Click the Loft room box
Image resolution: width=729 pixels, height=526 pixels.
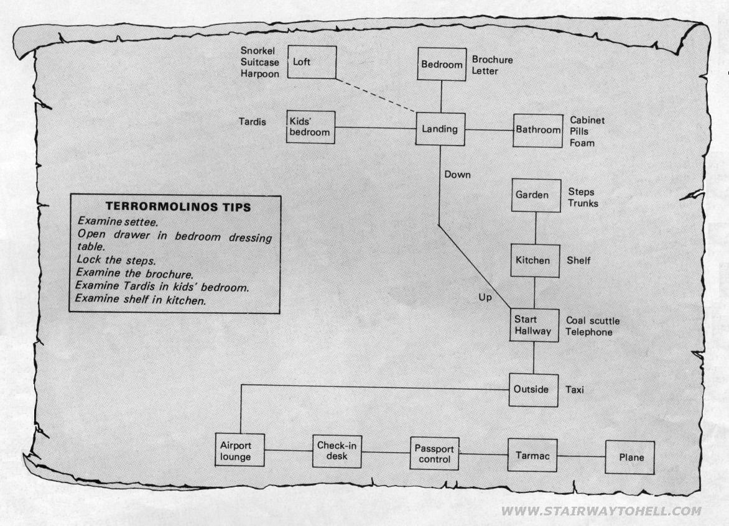click(312, 62)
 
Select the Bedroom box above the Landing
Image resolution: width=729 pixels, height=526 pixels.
click(442, 64)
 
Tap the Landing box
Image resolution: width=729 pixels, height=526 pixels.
click(440, 129)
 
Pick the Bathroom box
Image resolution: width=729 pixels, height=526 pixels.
click(538, 131)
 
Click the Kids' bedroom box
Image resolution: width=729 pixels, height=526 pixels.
click(310, 127)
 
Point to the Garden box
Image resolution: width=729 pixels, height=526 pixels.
click(536, 195)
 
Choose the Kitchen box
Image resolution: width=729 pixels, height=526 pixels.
click(535, 261)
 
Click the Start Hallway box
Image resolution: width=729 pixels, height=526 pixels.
click(534, 325)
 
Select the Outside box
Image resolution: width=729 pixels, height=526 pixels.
click(533, 390)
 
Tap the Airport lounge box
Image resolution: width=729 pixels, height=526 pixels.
click(240, 450)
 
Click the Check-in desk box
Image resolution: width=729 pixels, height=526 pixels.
click(337, 451)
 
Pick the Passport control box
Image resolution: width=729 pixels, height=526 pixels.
click(435, 453)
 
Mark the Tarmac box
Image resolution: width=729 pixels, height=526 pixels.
click(532, 455)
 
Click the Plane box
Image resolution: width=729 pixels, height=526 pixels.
click(630, 458)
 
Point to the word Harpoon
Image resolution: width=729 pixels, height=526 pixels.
click(260, 74)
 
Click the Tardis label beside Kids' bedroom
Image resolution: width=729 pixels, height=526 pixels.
click(253, 122)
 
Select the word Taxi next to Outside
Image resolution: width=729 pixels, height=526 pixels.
click(575, 390)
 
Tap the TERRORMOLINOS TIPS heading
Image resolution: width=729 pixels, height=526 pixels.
click(178, 207)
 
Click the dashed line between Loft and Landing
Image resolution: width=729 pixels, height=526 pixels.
click(376, 95)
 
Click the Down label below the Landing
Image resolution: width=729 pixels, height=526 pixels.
click(457, 175)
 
